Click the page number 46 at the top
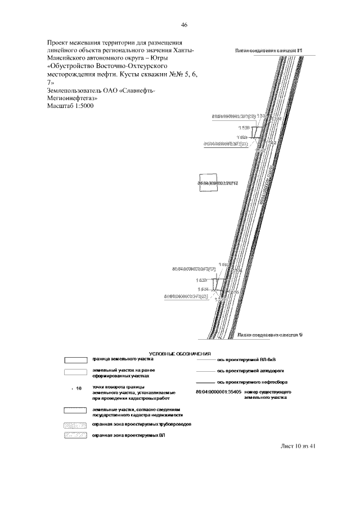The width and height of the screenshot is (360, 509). click(x=184, y=25)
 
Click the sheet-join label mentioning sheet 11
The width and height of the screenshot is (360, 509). click(x=268, y=51)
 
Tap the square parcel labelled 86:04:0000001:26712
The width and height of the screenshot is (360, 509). click(x=208, y=183)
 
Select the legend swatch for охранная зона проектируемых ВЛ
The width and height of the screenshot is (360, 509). click(x=75, y=436)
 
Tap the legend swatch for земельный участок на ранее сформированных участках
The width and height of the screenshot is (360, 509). click(x=75, y=372)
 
